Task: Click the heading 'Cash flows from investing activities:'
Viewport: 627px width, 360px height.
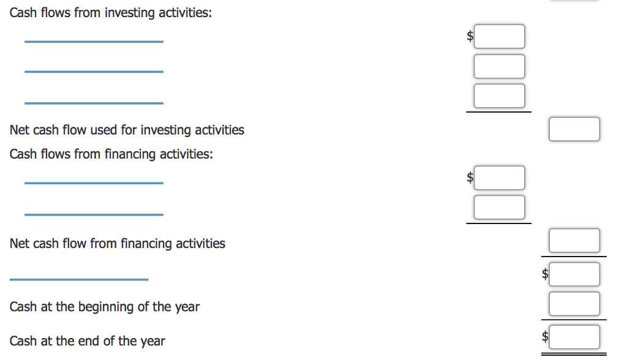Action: tap(111, 13)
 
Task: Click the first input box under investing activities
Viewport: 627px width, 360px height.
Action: tap(500, 36)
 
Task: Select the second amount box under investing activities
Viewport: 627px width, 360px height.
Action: tap(500, 66)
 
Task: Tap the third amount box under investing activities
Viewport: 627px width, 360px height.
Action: tap(500, 96)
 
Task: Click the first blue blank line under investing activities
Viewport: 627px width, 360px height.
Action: tap(94, 42)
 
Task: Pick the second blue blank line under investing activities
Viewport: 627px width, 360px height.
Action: tap(94, 72)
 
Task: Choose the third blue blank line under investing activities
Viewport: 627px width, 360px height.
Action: tap(94, 103)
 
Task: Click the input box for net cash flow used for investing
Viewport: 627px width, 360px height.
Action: tap(574, 129)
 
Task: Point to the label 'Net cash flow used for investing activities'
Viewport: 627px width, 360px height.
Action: tap(127, 130)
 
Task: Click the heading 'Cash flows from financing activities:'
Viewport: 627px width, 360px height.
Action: tap(111, 154)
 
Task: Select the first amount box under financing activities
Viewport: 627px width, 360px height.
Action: tap(500, 178)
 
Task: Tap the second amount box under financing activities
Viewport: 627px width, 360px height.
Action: tap(500, 207)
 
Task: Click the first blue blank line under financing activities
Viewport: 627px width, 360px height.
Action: tap(94, 183)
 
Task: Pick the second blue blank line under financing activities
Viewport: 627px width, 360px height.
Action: tap(94, 215)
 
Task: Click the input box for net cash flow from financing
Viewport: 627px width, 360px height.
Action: tap(574, 241)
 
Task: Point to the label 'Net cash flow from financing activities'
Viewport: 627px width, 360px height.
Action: tap(118, 244)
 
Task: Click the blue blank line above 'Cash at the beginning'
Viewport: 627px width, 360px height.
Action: tap(79, 280)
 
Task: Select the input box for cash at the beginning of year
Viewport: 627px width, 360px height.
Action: tap(574, 304)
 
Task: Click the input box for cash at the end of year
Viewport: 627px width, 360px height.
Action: tap(574, 337)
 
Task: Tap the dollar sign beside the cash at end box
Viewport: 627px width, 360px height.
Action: tap(545, 336)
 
